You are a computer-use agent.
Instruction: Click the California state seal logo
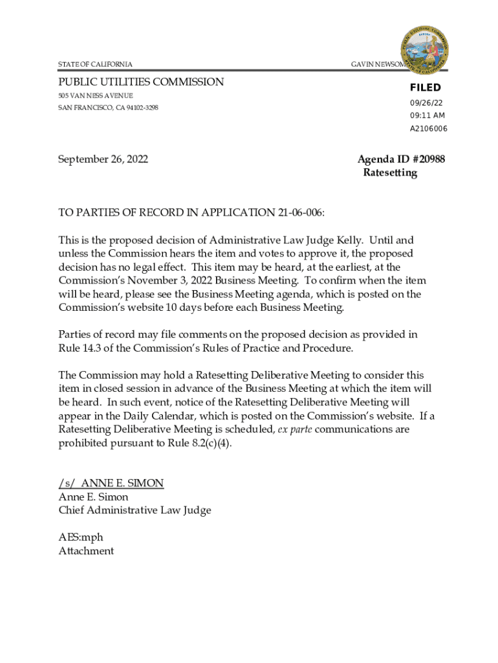[x=426, y=51]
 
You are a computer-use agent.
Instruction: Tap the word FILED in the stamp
[x=425, y=88]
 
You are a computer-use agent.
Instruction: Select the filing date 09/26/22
[x=426, y=103]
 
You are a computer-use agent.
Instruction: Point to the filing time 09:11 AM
[x=427, y=116]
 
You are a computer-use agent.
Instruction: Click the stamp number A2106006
[x=428, y=129]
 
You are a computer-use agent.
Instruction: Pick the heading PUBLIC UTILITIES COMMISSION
[x=141, y=82]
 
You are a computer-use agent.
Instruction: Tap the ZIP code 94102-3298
[x=137, y=107]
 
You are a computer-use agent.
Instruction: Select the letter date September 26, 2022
[x=103, y=159]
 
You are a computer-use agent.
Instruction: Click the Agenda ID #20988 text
[x=401, y=159]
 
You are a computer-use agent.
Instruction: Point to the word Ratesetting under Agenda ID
[x=390, y=173]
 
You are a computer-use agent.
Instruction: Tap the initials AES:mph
[x=81, y=537]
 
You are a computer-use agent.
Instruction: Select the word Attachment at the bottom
[x=86, y=551]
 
